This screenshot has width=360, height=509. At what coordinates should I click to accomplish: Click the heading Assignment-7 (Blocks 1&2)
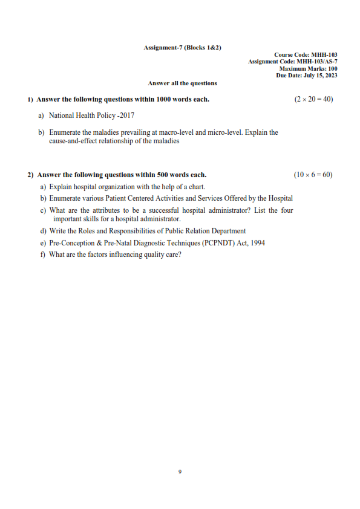click(182, 47)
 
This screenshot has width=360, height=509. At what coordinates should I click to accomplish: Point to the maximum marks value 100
click(333, 69)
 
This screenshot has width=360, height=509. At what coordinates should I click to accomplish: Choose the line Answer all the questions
click(182, 83)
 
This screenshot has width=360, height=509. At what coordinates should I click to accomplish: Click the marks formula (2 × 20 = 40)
click(313, 99)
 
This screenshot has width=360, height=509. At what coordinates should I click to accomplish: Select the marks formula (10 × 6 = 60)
click(313, 175)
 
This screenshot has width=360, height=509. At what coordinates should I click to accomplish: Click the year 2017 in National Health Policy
click(128, 115)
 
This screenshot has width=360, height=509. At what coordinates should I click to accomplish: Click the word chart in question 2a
click(196, 187)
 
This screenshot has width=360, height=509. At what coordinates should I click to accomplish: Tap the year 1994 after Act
click(257, 243)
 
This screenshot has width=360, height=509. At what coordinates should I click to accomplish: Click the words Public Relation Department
click(203, 231)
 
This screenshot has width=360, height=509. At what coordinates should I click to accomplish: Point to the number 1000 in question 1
click(165, 99)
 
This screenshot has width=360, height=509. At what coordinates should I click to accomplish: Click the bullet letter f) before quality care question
click(43, 254)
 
